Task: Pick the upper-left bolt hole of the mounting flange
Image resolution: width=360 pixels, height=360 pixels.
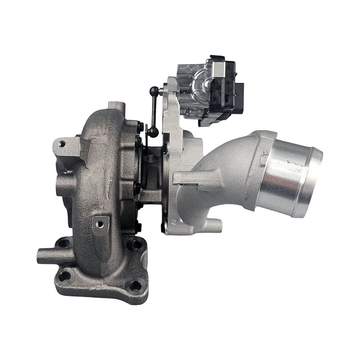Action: click(64, 242)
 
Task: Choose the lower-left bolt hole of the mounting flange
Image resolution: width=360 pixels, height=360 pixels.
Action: click(64, 276)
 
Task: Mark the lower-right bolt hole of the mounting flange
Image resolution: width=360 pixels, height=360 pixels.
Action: click(135, 286)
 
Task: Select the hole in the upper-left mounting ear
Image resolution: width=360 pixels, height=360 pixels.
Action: click(62, 144)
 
